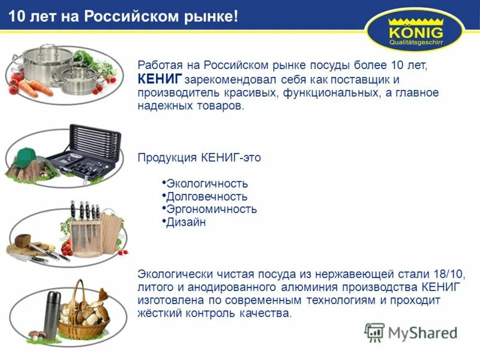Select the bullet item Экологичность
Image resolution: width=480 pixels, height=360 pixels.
[207, 184]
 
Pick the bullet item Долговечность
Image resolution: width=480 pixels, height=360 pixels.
[206, 196]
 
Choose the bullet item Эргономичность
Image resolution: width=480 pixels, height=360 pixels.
[211, 209]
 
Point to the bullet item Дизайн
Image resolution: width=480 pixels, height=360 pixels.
[186, 222]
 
